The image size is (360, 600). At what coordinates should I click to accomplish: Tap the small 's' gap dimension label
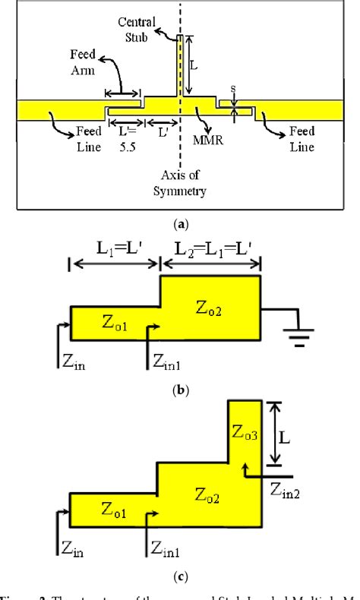pyautogui.click(x=233, y=89)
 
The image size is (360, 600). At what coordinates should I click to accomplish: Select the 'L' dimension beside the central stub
pyautogui.click(x=194, y=66)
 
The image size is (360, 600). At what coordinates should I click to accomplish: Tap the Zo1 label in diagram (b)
pyautogui.click(x=113, y=323)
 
